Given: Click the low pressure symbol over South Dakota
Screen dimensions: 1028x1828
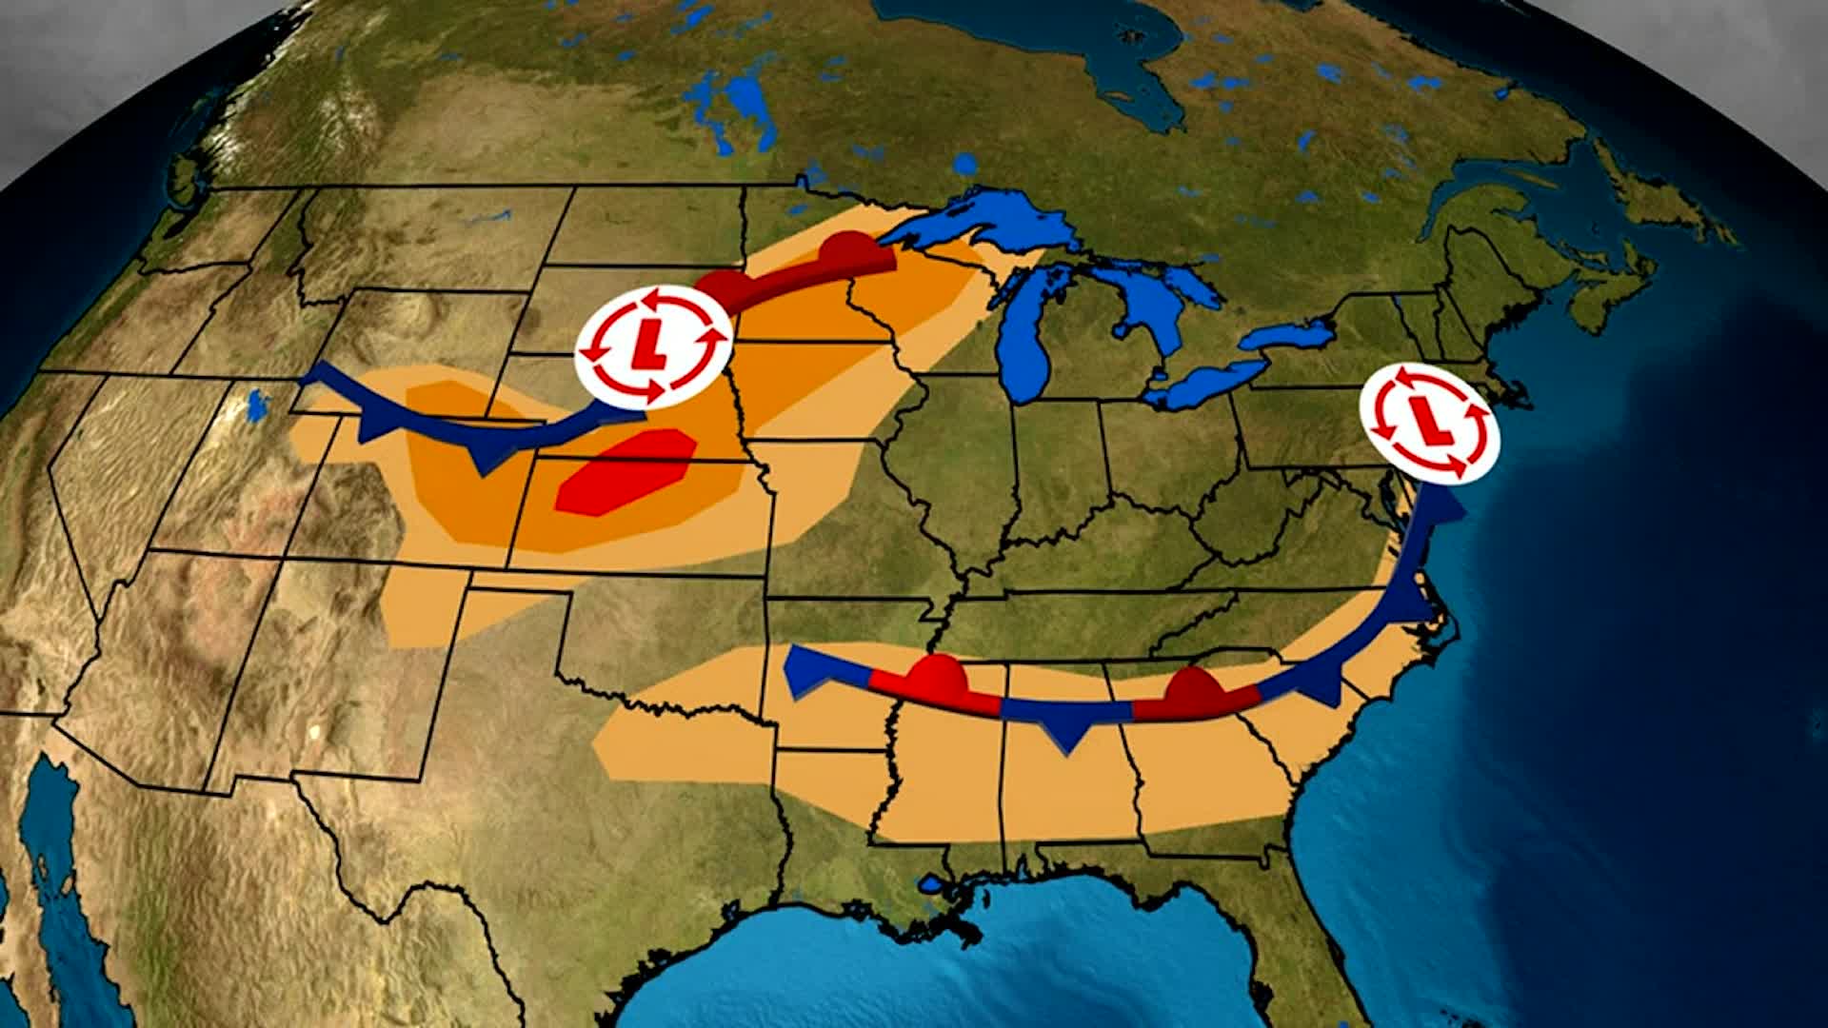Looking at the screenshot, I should click(x=653, y=348).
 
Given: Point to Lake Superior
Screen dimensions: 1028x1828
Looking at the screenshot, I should click(x=981, y=225).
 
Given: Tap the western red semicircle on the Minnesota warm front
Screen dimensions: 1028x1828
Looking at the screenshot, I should click(x=721, y=285).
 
